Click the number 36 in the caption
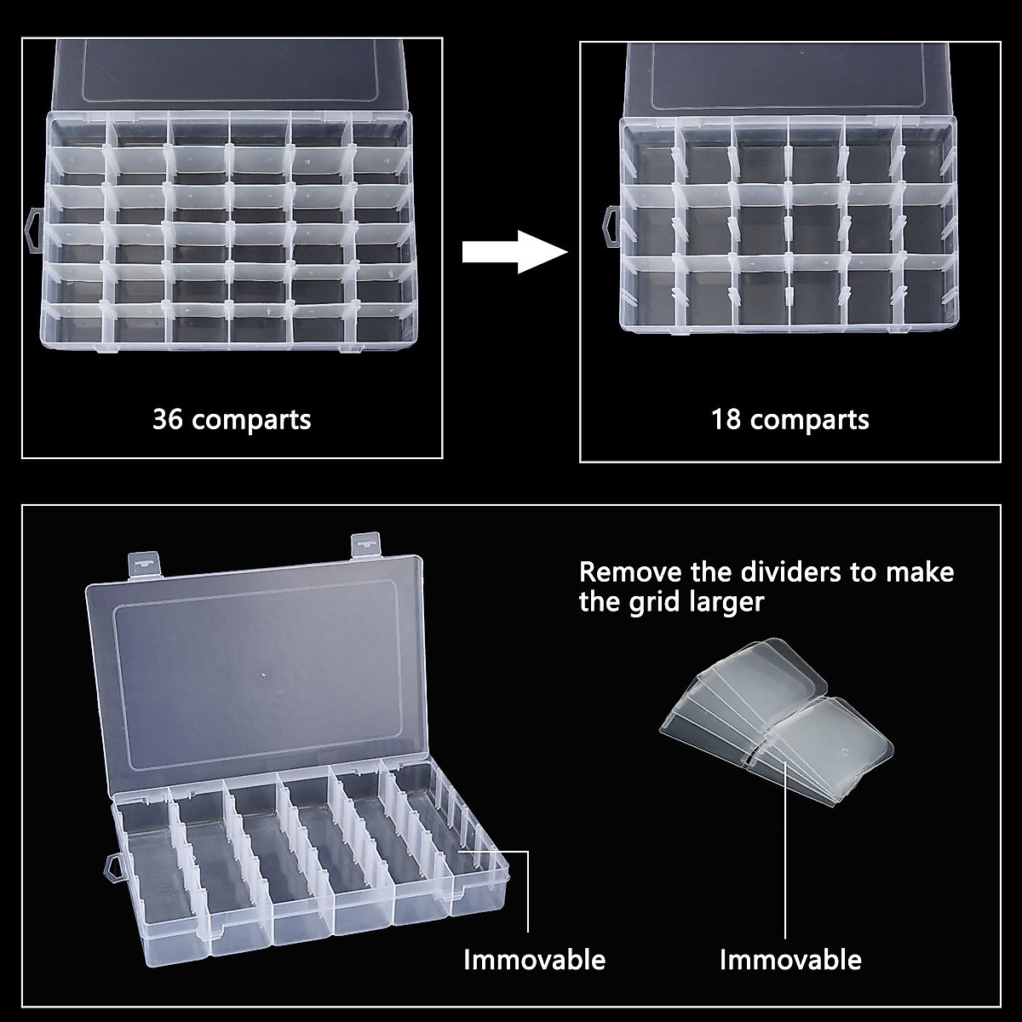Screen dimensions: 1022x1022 tap(168, 420)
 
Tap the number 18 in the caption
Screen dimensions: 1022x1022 tap(726, 420)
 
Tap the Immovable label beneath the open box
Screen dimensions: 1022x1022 tap(534, 960)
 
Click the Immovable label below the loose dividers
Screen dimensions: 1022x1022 tap(790, 960)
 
